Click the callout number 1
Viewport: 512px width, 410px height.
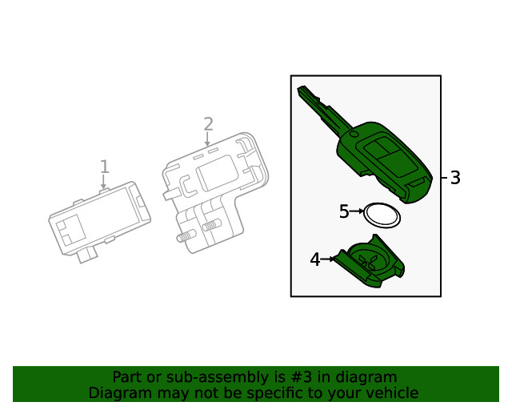click(104, 167)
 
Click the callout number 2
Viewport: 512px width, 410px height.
click(208, 124)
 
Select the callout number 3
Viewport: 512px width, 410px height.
click(455, 178)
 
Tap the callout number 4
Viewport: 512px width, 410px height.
click(315, 259)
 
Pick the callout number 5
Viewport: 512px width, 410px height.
click(344, 211)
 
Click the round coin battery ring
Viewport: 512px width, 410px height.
click(382, 215)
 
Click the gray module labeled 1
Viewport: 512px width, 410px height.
click(100, 220)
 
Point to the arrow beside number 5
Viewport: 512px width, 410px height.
click(357, 211)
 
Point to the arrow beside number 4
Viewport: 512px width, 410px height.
click(328, 259)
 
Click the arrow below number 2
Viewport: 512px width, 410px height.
click(208, 140)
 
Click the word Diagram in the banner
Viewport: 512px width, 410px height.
click(117, 393)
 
